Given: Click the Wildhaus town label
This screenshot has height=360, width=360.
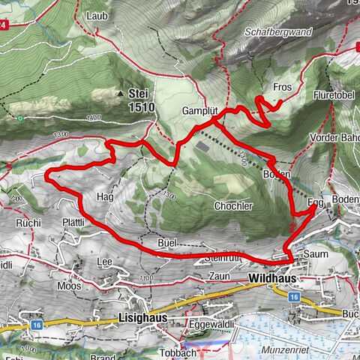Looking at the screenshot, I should click(270, 277).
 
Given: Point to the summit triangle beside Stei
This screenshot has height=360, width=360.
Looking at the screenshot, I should click(120, 94).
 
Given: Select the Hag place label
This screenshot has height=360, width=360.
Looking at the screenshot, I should click(105, 196).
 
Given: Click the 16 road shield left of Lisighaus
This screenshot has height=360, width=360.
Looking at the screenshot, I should click(37, 325).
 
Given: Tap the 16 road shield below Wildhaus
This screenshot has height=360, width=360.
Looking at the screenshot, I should click(294, 297).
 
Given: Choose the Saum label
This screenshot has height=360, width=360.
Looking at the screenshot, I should click(313, 254).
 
